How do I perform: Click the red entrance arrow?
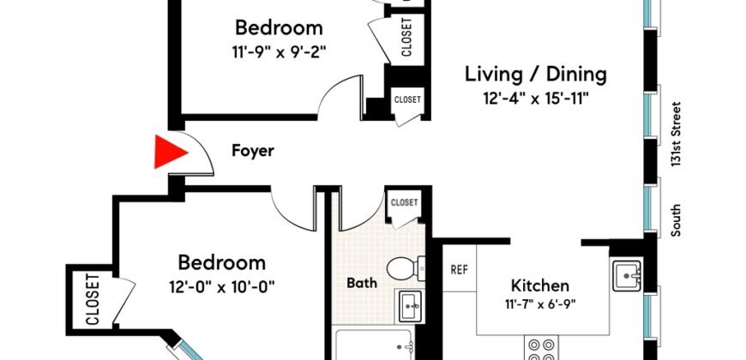click(x=169, y=153)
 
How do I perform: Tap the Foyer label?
click(x=253, y=151)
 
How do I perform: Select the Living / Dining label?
click(x=535, y=74)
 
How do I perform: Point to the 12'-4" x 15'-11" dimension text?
click(x=535, y=98)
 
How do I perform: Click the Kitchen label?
click(x=539, y=285)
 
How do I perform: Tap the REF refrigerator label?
click(x=459, y=269)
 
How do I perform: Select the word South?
click(x=677, y=220)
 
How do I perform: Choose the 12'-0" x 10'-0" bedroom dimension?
click(x=221, y=285)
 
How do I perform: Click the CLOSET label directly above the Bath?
click(x=404, y=203)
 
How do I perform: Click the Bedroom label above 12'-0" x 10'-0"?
click(x=221, y=262)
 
